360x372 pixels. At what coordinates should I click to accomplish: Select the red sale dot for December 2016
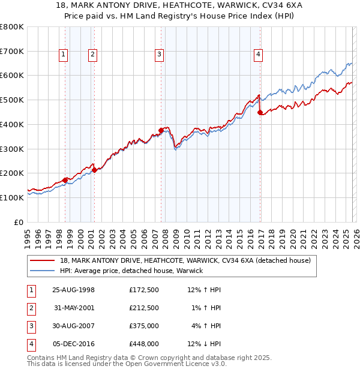260,112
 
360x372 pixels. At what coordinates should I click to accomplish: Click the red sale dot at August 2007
161,130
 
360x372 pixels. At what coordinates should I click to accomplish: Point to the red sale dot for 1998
65,179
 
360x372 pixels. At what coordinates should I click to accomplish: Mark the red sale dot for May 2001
94,170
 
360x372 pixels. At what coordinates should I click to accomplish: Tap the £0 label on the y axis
19,222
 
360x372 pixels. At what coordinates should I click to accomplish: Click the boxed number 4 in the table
31,344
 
